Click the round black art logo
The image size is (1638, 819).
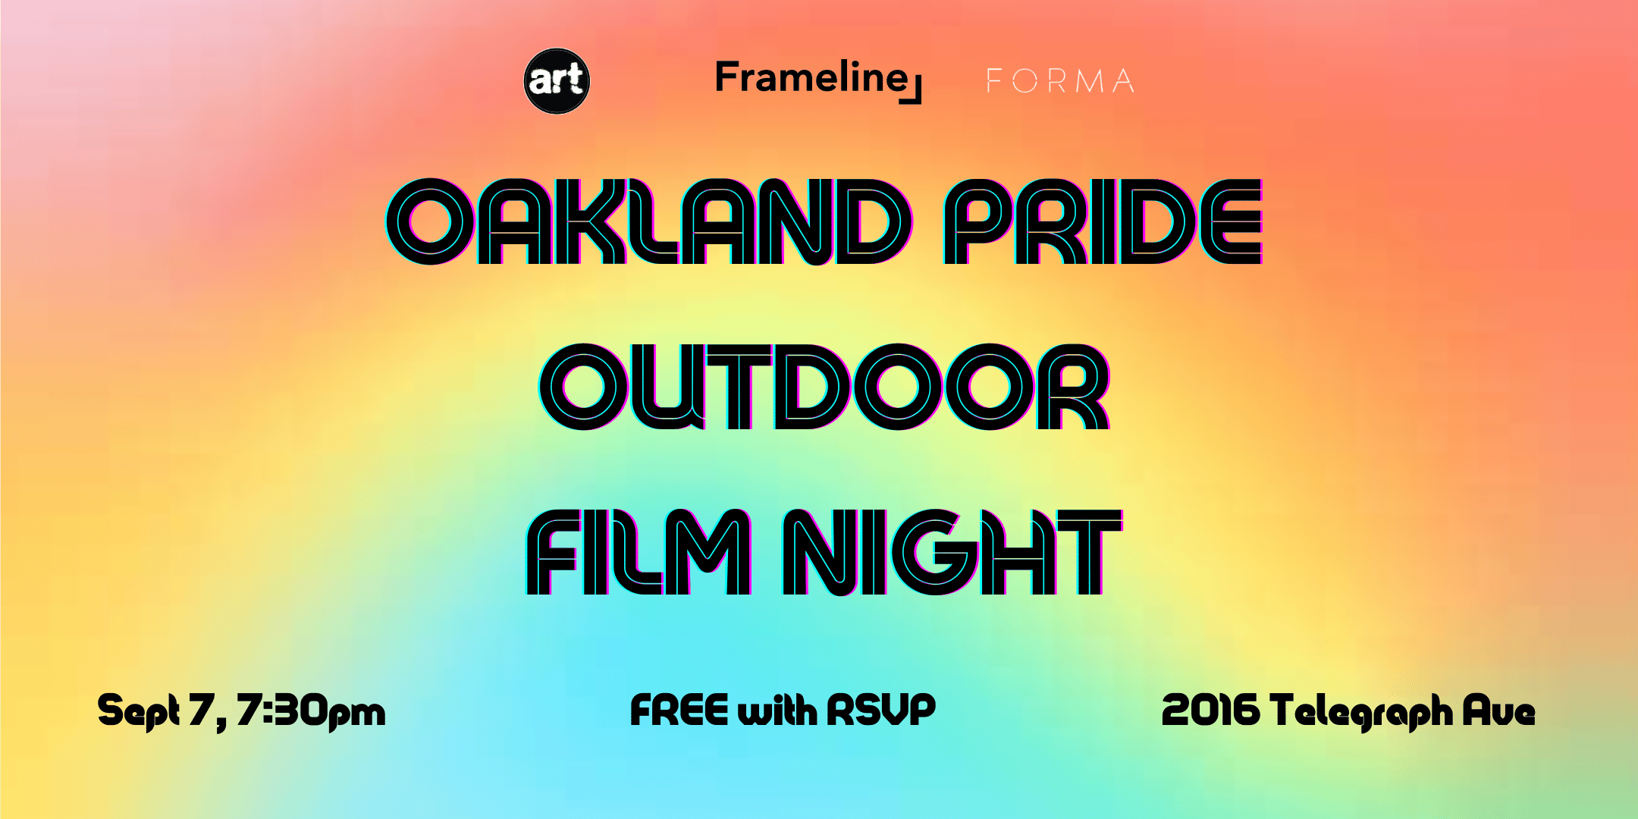[x=557, y=81]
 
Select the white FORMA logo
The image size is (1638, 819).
[x=1060, y=80]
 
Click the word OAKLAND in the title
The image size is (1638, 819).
[x=649, y=221]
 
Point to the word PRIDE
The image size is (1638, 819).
[x=1103, y=221]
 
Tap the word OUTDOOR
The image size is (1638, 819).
[x=825, y=387]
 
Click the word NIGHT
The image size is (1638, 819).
[x=952, y=551]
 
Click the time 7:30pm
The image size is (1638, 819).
[x=311, y=711]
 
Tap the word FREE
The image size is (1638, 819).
[x=679, y=710]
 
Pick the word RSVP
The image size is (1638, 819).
[x=881, y=710]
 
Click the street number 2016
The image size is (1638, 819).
[x=1210, y=711]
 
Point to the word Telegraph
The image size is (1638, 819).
[x=1361, y=712]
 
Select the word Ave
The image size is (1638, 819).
[x=1499, y=711]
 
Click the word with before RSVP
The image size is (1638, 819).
[x=777, y=711]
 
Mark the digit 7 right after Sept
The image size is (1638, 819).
[x=202, y=710]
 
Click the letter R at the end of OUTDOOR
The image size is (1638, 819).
[x=1074, y=387]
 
